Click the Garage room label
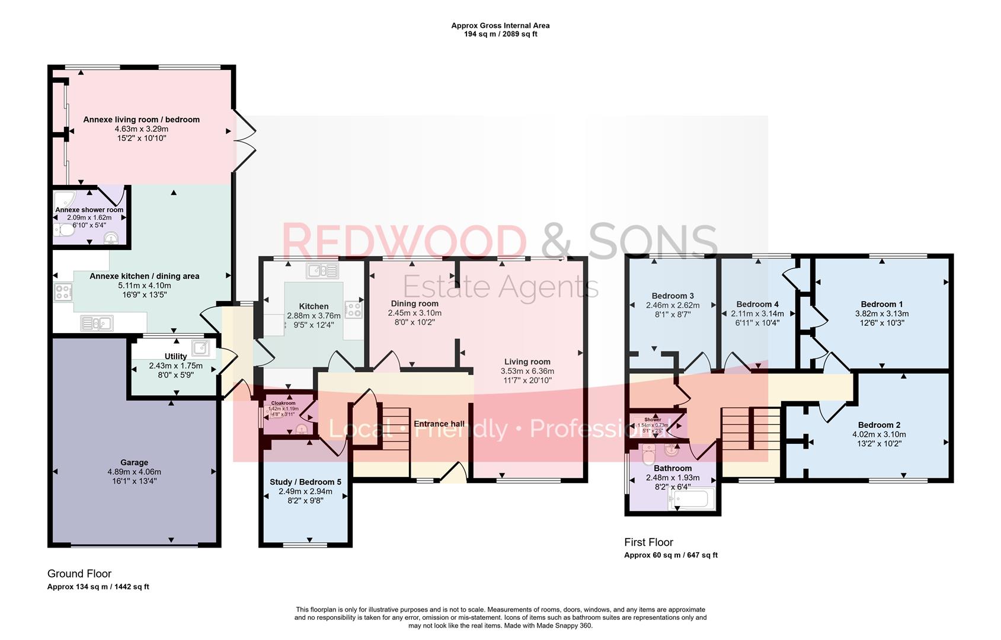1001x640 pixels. point(134,462)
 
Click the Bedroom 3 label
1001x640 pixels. point(673,296)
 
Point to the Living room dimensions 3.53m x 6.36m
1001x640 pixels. point(527,371)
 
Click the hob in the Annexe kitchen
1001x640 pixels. point(63,292)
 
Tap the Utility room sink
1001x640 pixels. point(200,347)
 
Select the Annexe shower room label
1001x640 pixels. point(89,210)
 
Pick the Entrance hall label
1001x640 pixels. point(439,424)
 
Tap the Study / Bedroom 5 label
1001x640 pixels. point(305,482)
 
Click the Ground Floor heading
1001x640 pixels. point(79,574)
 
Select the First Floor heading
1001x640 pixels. point(648,542)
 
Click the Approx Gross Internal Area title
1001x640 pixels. point(500,25)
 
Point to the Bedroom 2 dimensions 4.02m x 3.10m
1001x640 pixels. point(879,434)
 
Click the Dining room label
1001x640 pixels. point(414,303)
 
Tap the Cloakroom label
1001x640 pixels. point(283,403)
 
